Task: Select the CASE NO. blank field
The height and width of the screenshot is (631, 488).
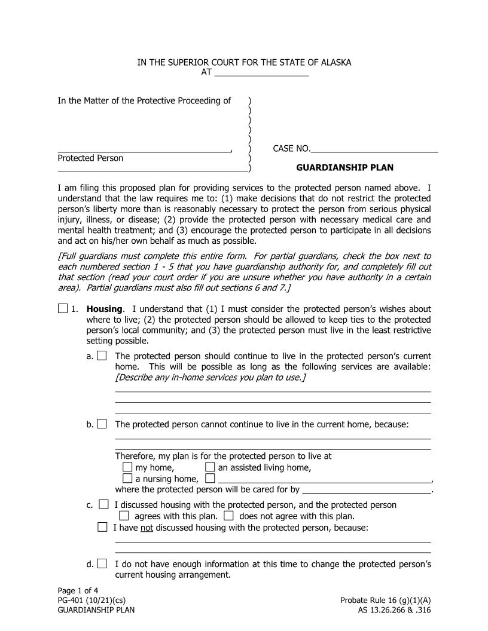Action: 374,149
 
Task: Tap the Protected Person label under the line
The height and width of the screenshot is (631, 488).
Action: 90,158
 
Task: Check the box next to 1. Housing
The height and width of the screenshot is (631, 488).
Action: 63,309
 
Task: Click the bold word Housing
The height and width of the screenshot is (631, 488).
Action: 105,310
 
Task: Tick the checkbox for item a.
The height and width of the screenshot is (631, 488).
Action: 102,356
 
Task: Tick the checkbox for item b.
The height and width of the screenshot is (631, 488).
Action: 102,424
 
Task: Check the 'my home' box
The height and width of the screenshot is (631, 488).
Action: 127,467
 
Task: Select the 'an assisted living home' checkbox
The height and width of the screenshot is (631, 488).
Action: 210,467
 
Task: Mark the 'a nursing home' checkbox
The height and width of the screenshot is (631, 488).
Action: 127,478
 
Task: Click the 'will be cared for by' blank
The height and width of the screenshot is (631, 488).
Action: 367,490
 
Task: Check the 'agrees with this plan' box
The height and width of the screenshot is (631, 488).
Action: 124,516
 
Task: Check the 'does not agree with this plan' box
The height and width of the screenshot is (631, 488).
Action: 228,516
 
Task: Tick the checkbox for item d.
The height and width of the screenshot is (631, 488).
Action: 102,563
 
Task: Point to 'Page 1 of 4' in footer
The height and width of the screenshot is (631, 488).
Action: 78,591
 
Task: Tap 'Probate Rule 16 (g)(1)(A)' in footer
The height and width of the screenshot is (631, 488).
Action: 385,601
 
